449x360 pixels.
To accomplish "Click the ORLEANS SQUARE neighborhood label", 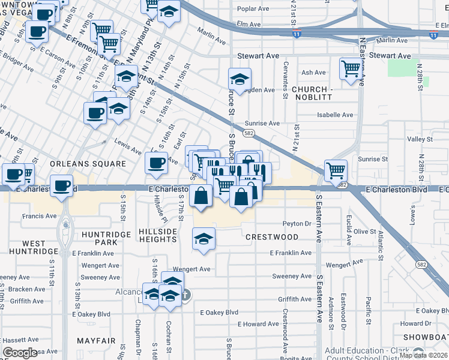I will pyautogui.click(x=88, y=163).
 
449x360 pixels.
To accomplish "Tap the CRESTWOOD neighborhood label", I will pyautogui.click(x=272, y=237).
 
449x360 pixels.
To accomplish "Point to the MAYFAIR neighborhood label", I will pyautogui.click(x=95, y=340).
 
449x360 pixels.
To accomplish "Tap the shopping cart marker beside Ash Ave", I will pyautogui.click(x=350, y=68).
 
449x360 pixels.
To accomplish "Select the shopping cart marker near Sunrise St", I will pyautogui.click(x=336, y=170).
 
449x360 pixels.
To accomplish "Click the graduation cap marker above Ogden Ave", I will pyautogui.click(x=240, y=79).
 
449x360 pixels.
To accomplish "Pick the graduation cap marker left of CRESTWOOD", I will pyautogui.click(x=203, y=238).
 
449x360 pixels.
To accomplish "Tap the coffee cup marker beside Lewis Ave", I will pyautogui.click(x=156, y=162).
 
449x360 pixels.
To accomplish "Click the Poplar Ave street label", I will pyautogui.click(x=253, y=9).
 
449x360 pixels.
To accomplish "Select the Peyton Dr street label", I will pyautogui.click(x=298, y=224).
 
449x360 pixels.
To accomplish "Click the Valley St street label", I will pyautogui.click(x=420, y=139).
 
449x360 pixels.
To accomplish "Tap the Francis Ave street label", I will pyautogui.click(x=39, y=216).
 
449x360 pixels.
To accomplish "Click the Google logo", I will pyautogui.click(x=20, y=353).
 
